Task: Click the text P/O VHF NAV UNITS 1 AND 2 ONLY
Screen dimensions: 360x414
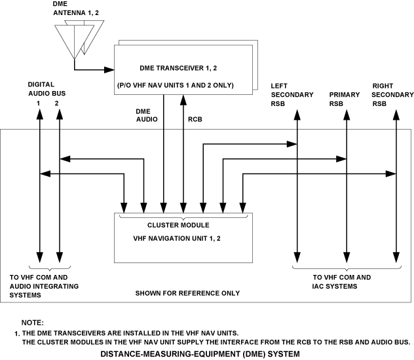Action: click(x=184, y=86)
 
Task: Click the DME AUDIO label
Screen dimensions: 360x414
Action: click(x=146, y=116)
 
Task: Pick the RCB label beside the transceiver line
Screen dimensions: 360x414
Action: click(x=195, y=120)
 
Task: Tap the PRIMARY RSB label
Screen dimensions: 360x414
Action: click(x=345, y=99)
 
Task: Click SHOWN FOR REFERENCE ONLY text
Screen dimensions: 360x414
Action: click(x=187, y=293)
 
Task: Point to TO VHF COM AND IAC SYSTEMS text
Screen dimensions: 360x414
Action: click(x=342, y=281)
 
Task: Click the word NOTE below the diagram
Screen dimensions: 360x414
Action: click(x=32, y=323)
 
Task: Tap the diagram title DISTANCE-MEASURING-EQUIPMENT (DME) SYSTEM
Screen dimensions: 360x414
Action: click(x=200, y=353)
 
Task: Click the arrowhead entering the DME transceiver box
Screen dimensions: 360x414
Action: click(x=111, y=68)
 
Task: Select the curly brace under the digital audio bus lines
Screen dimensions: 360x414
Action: click(x=50, y=268)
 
